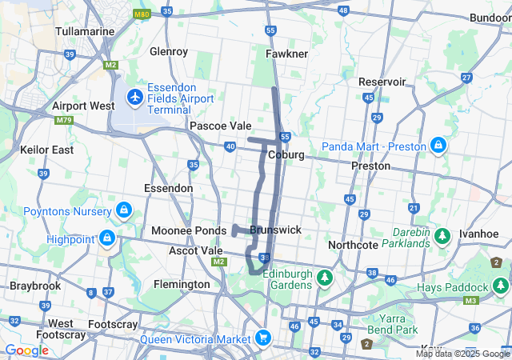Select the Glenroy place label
(x=168, y=51)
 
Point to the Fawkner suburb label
(x=286, y=54)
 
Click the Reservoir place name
(x=382, y=82)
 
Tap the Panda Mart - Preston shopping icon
(x=438, y=146)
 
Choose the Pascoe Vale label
(x=220, y=126)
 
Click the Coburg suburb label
(x=286, y=154)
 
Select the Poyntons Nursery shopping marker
(x=123, y=211)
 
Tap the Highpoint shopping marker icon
(x=106, y=238)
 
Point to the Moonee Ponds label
(x=189, y=230)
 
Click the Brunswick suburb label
(x=275, y=230)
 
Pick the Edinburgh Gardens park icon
(x=325, y=278)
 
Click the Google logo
(x=26, y=350)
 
